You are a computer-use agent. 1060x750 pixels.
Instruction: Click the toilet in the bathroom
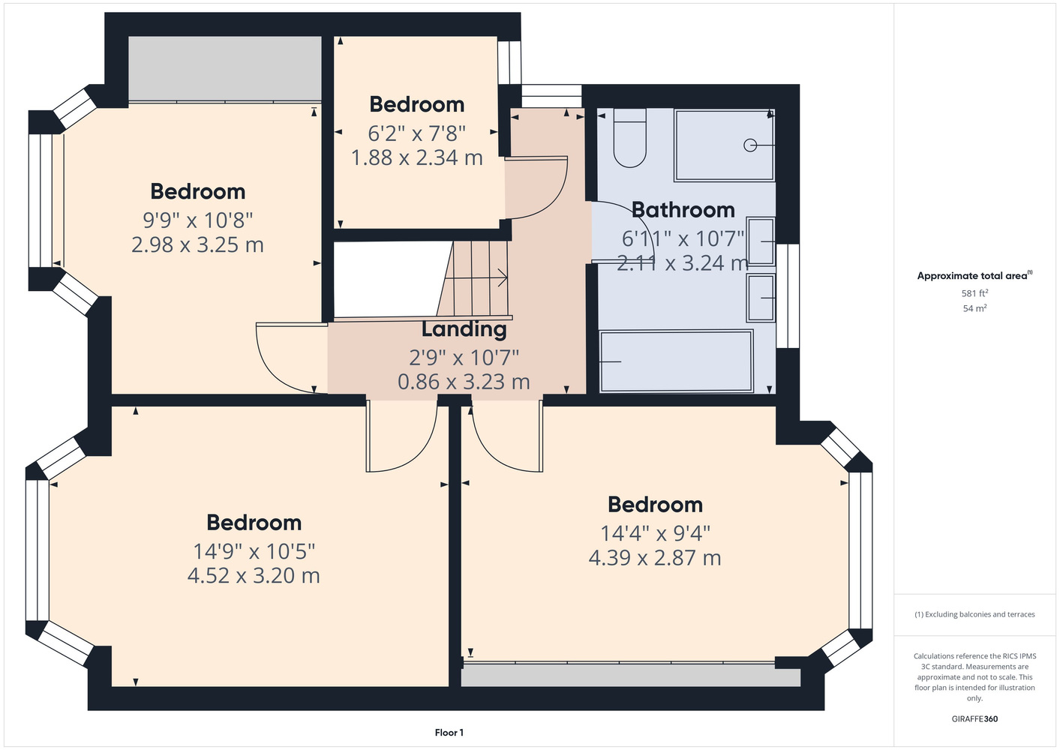click(630, 138)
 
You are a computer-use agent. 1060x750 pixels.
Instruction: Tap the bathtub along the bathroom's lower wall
click(676, 361)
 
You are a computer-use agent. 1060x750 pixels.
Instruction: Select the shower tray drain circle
click(750, 145)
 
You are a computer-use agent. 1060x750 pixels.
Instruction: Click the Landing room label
click(464, 329)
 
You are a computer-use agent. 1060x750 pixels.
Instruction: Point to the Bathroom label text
click(683, 210)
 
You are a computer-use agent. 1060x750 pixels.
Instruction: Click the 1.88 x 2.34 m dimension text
click(417, 157)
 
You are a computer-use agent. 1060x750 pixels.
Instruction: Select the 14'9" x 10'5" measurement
click(254, 551)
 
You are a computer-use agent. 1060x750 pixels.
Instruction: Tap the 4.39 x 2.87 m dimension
click(655, 558)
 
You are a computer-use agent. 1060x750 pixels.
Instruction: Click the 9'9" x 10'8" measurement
click(198, 220)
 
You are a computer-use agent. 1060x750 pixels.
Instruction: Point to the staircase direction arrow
click(476, 277)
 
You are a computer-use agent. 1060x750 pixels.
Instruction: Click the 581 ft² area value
click(974, 293)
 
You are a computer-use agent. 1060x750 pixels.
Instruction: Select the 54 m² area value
click(974, 308)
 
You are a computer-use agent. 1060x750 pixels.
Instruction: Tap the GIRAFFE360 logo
click(974, 718)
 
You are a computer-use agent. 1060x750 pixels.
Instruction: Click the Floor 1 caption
click(449, 733)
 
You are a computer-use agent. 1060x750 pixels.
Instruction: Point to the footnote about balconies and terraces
click(974, 614)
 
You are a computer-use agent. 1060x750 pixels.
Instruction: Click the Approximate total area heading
click(974, 275)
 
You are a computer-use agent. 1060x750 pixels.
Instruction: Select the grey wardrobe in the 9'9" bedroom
click(225, 68)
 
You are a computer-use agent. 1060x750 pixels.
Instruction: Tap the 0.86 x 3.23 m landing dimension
click(464, 382)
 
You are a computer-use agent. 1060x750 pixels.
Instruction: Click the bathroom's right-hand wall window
click(788, 296)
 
